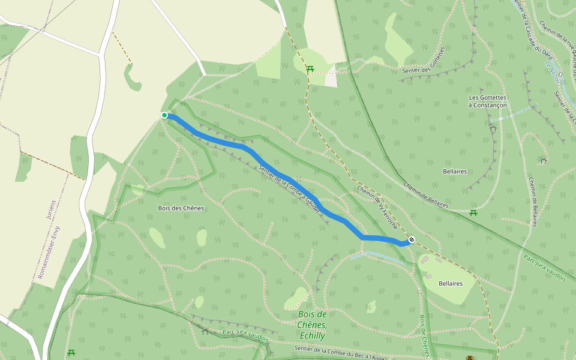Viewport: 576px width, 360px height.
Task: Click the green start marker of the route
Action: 164,115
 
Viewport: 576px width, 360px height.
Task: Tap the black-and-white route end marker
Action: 412,240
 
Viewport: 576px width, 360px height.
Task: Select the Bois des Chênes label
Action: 181,208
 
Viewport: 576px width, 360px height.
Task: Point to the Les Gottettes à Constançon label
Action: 488,101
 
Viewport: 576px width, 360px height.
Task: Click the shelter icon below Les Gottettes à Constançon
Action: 493,128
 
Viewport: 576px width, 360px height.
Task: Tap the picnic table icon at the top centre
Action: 310,70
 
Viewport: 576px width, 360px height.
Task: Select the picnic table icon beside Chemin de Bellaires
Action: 473,213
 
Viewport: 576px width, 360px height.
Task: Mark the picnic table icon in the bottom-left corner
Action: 71,353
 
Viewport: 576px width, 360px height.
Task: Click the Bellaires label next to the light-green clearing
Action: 451,283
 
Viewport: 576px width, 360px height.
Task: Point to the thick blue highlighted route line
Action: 282,177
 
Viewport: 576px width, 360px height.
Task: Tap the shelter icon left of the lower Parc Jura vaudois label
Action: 205,331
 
